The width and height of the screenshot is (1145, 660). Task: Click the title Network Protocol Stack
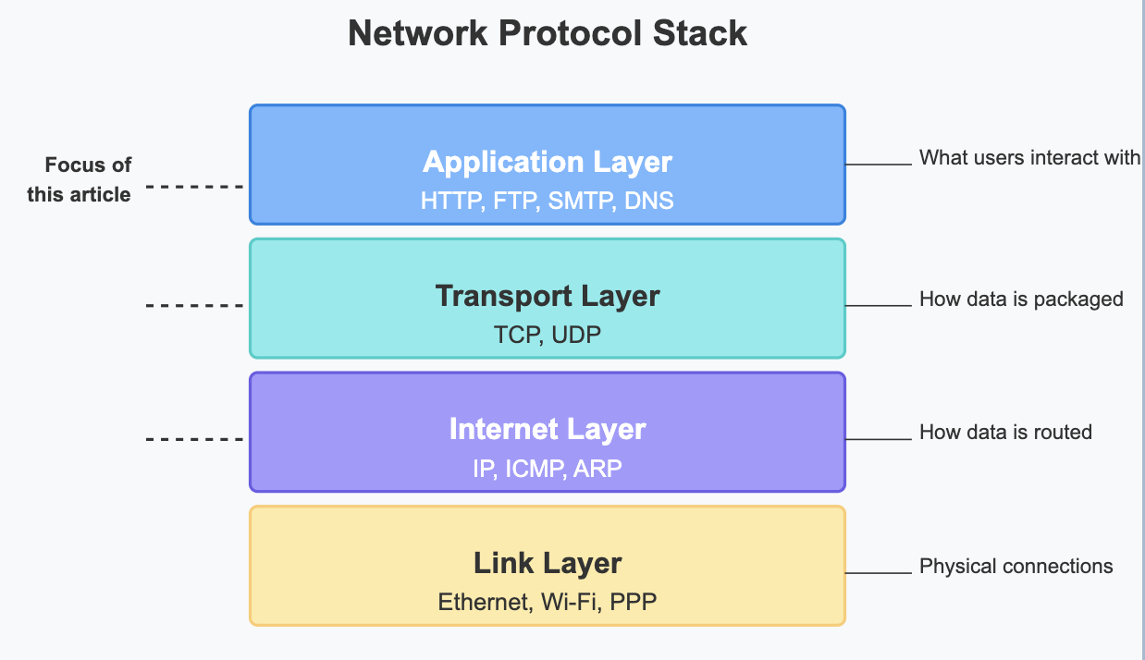[x=548, y=34]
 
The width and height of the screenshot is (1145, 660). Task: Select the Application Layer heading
[x=548, y=162]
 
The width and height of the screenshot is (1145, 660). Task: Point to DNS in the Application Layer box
[x=649, y=201]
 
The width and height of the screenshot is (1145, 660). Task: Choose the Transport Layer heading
[x=548, y=296]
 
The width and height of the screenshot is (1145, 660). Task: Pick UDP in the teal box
[x=576, y=335]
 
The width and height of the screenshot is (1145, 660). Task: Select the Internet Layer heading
[x=548, y=430]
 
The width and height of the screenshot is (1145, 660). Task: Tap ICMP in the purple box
[x=536, y=469]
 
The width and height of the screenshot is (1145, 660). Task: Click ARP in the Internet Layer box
[x=597, y=469]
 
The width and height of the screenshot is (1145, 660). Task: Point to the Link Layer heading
[x=548, y=563]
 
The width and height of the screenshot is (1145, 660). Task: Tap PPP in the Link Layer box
[x=635, y=603]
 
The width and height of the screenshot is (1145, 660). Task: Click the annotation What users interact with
[x=1029, y=158]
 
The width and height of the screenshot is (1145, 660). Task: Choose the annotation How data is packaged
[x=1021, y=299]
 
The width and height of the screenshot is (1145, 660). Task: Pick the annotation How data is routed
[x=1005, y=432]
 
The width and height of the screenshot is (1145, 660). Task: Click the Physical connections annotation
[x=1016, y=566]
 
